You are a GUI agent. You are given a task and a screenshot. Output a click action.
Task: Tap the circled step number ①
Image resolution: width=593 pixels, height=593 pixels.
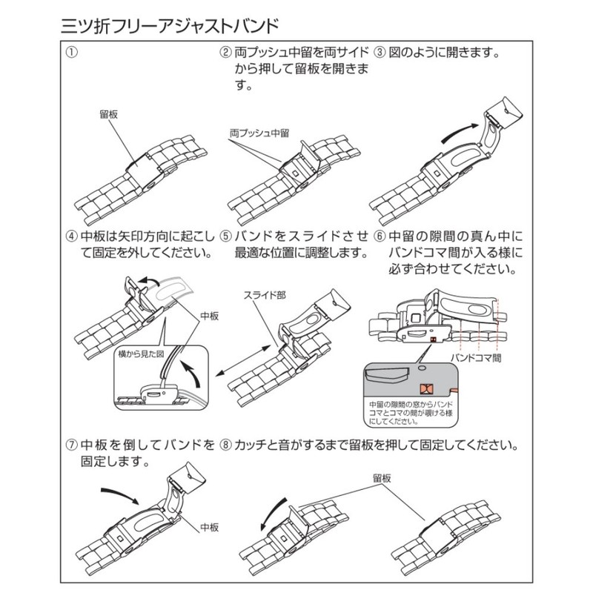click(x=72, y=54)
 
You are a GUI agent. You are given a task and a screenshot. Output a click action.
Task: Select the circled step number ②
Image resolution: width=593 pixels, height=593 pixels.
click(x=225, y=54)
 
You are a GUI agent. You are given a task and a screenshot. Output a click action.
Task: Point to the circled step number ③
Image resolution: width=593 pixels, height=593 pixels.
click(x=380, y=54)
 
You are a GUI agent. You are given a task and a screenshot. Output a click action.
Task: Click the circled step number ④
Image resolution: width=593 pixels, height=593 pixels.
click(x=72, y=236)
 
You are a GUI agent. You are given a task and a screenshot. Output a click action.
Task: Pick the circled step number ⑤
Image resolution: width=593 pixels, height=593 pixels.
click(x=225, y=236)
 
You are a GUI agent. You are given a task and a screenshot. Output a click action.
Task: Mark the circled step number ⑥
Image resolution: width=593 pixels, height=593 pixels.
click(x=380, y=236)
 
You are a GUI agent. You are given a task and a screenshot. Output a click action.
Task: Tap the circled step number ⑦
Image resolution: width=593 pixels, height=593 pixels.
click(x=72, y=446)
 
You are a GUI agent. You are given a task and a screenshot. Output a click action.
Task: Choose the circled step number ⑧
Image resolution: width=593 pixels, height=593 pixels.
click(x=225, y=446)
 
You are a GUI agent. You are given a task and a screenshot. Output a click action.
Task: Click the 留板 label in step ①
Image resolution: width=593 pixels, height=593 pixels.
click(x=108, y=116)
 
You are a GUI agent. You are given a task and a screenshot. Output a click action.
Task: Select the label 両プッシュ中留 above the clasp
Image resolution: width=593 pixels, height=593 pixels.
click(x=259, y=130)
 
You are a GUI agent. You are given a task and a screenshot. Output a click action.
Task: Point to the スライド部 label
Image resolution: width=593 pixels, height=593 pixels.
click(x=265, y=294)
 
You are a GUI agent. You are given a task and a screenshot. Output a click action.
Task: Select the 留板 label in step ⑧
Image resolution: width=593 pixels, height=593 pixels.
click(x=384, y=480)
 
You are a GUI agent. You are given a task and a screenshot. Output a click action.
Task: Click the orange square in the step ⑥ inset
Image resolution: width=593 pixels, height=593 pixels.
click(x=427, y=390)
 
